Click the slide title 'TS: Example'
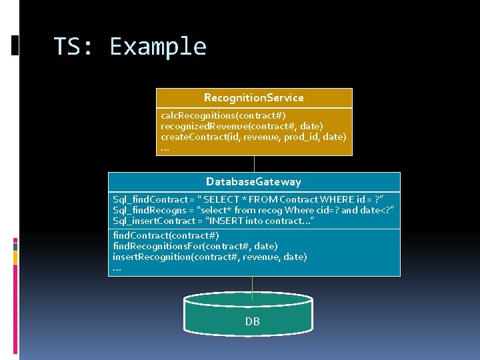point(130,47)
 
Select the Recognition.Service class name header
point(253,98)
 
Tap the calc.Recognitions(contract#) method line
point(223,115)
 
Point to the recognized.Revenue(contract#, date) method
point(242,126)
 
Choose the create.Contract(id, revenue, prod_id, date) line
point(253,137)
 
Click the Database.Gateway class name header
point(253,182)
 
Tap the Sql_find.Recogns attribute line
point(253,210)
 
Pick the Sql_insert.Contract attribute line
point(213,221)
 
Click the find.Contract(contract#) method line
point(166,235)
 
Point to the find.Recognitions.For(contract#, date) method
point(195,246)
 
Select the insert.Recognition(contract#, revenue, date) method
point(210,257)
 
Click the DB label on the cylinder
point(252,321)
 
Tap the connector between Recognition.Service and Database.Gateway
point(254,164)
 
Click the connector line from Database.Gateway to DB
point(253,285)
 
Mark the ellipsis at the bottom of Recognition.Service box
point(165,148)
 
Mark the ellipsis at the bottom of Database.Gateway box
point(117,268)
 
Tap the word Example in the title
point(158,47)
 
